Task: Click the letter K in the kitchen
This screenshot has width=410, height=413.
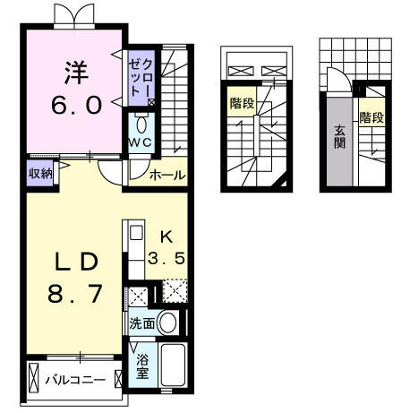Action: pos(166,237)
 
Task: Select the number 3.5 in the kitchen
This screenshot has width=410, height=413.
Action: pos(166,259)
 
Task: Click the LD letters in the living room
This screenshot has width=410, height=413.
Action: pos(74,261)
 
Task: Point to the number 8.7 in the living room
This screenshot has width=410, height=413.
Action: pos(74,294)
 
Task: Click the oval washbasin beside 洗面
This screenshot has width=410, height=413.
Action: pos(167,323)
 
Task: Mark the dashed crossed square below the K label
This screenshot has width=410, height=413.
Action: pos(175,293)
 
